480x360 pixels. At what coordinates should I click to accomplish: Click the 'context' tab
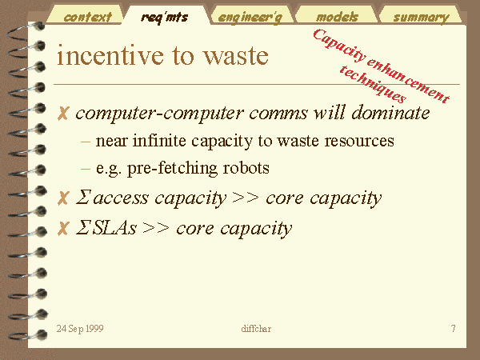pyautogui.click(x=87, y=17)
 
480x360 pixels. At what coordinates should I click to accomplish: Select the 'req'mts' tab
pyautogui.click(x=164, y=17)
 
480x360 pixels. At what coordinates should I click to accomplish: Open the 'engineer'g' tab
pyautogui.click(x=250, y=18)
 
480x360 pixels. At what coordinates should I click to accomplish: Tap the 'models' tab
pyautogui.click(x=337, y=17)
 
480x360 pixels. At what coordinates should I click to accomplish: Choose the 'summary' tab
pyautogui.click(x=422, y=18)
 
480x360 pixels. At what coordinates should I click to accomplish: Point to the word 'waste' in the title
pyautogui.click(x=236, y=56)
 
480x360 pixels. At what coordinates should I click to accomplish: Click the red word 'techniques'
pyautogui.click(x=373, y=84)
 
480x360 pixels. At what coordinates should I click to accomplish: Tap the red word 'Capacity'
pyautogui.click(x=339, y=45)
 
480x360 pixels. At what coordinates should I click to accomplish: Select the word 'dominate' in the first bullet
pyautogui.click(x=390, y=113)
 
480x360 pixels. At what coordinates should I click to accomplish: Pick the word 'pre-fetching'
pyautogui.click(x=172, y=168)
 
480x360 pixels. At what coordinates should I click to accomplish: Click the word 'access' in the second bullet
pyautogui.click(x=121, y=198)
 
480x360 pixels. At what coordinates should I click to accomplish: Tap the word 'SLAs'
pyautogui.click(x=114, y=228)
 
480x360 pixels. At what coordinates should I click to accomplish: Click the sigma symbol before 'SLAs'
pyautogui.click(x=82, y=228)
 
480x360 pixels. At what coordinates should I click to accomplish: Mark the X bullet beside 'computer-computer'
pyautogui.click(x=63, y=114)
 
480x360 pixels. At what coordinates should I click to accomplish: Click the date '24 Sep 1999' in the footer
pyautogui.click(x=80, y=329)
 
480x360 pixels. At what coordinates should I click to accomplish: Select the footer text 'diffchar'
pyautogui.click(x=256, y=329)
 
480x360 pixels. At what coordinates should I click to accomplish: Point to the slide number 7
pyautogui.click(x=454, y=329)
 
